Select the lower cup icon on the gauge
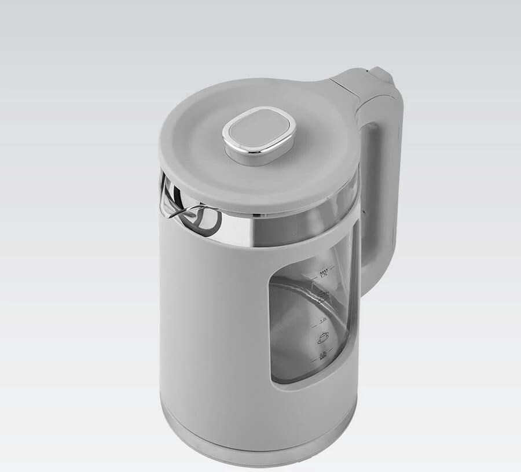pos(323,337)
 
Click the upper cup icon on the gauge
pos(324,296)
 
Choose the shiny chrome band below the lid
pos(243,228)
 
